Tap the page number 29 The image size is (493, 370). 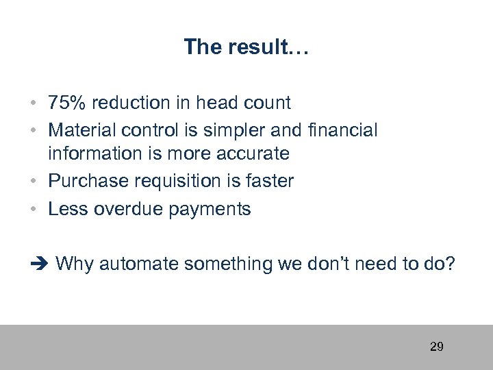pyautogui.click(x=436, y=347)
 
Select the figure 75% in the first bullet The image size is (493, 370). pyautogui.click(x=67, y=103)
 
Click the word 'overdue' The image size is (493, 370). pyautogui.click(x=126, y=209)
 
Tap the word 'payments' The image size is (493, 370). pyautogui.click(x=210, y=209)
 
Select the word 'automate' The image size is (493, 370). pyautogui.click(x=142, y=264)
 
